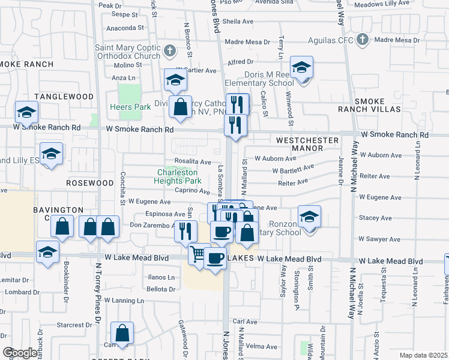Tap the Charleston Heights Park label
[x=177, y=176]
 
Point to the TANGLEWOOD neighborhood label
[x=64, y=97]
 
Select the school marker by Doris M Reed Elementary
[x=301, y=67]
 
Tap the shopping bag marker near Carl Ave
[x=122, y=333]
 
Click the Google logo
[x=20, y=353]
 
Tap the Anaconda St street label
[x=125, y=28]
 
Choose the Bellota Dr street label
[x=160, y=289]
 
